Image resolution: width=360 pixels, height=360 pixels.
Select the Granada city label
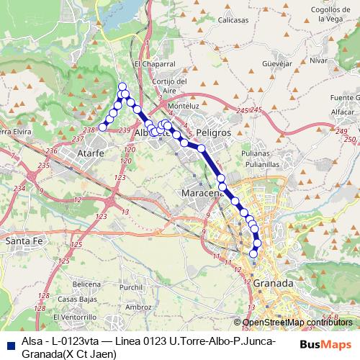click(273, 284)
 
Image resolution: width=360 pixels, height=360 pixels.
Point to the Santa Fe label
click(22, 242)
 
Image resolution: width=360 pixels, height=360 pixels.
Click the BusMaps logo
click(325, 344)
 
